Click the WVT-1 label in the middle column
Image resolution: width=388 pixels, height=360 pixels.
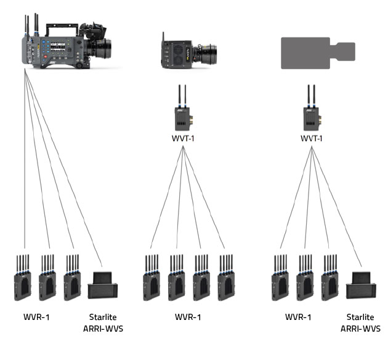(183, 139)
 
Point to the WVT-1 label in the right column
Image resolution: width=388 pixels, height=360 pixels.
(312, 139)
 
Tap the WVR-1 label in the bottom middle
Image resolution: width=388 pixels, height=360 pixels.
(187, 318)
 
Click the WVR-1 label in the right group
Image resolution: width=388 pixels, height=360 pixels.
(298, 318)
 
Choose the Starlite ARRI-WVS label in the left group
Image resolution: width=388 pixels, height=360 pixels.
(103, 324)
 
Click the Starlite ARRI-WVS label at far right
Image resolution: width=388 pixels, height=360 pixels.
(360, 324)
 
